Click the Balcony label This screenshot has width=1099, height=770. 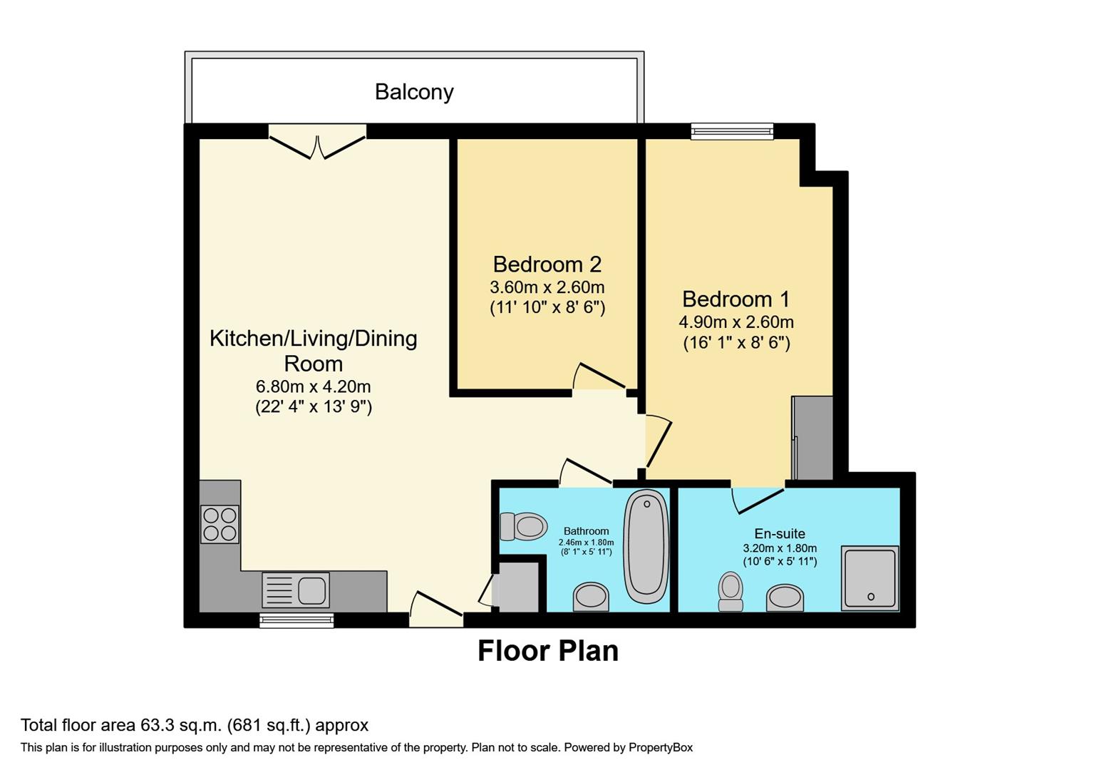(414, 92)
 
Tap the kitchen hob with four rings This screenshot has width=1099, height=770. (220, 524)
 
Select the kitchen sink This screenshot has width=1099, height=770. (296, 590)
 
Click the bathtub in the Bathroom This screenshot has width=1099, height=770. (646, 545)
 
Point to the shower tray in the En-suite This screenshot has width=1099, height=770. (870, 577)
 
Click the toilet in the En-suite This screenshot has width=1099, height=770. (731, 591)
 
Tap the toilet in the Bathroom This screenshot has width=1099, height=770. (524, 527)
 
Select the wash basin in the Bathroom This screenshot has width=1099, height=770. (592, 597)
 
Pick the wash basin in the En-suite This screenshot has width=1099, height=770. (785, 597)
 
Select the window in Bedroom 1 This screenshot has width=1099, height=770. (732, 131)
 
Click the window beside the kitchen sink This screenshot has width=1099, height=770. (296, 620)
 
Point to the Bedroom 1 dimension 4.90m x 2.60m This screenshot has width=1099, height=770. (736, 322)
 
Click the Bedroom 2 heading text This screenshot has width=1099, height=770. (547, 265)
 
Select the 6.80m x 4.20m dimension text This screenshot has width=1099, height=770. (314, 387)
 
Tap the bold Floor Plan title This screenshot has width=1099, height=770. (547, 651)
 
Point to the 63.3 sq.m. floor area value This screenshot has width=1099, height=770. (181, 725)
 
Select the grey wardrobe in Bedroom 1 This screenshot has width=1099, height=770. (813, 438)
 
